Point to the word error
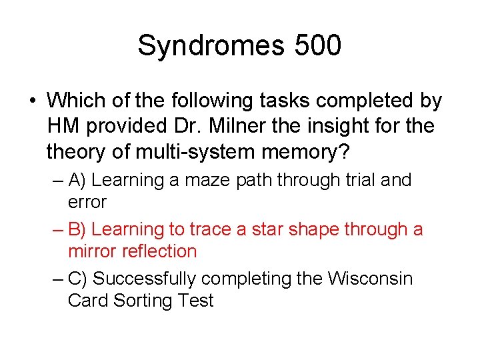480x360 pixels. click(x=87, y=201)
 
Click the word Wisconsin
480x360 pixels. click(x=370, y=279)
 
